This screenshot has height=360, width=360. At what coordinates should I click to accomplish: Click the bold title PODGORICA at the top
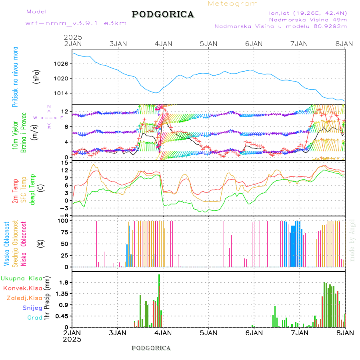pos(163,14)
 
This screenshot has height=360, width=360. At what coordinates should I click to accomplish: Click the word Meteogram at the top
pos(233,4)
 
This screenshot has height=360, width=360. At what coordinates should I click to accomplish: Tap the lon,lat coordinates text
pos(308,13)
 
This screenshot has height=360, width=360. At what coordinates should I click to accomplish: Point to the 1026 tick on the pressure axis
pos(63,64)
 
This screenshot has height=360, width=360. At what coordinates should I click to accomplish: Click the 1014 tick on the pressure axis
pos(63,93)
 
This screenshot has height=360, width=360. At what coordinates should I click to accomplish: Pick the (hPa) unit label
pos(37,76)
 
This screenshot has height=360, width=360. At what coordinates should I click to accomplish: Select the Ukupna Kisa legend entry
pos(21,278)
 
